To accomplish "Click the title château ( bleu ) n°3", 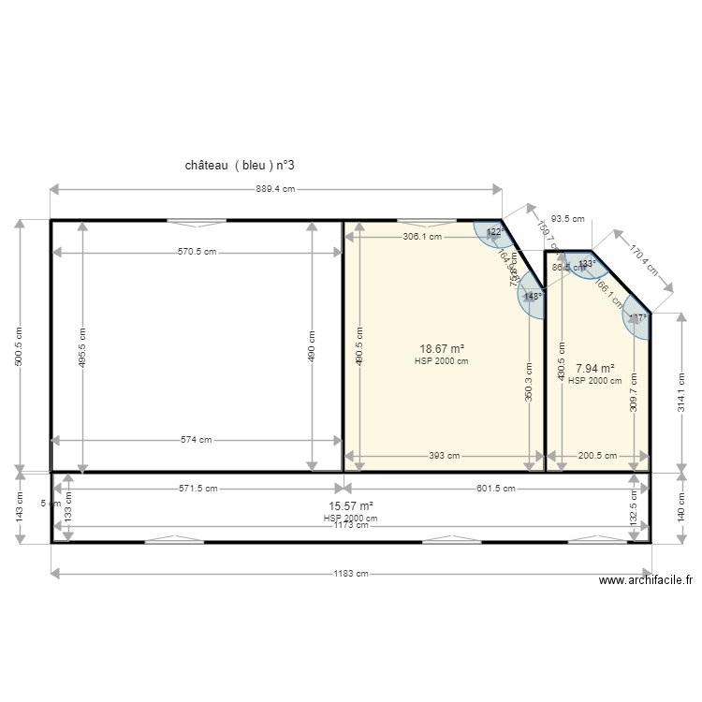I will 241,165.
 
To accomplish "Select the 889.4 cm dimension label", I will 275,189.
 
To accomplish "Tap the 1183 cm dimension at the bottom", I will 349,574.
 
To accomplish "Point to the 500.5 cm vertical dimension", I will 19,346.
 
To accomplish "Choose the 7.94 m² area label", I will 594,369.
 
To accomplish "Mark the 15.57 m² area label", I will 351,505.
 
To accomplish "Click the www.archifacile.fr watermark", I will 646,581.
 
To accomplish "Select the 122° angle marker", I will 494,232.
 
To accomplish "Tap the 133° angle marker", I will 586,264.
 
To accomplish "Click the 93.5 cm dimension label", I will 566,219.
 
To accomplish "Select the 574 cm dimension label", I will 197,440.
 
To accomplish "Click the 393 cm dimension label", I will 444,456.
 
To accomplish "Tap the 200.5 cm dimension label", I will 597,456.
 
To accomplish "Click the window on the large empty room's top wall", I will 197,222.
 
